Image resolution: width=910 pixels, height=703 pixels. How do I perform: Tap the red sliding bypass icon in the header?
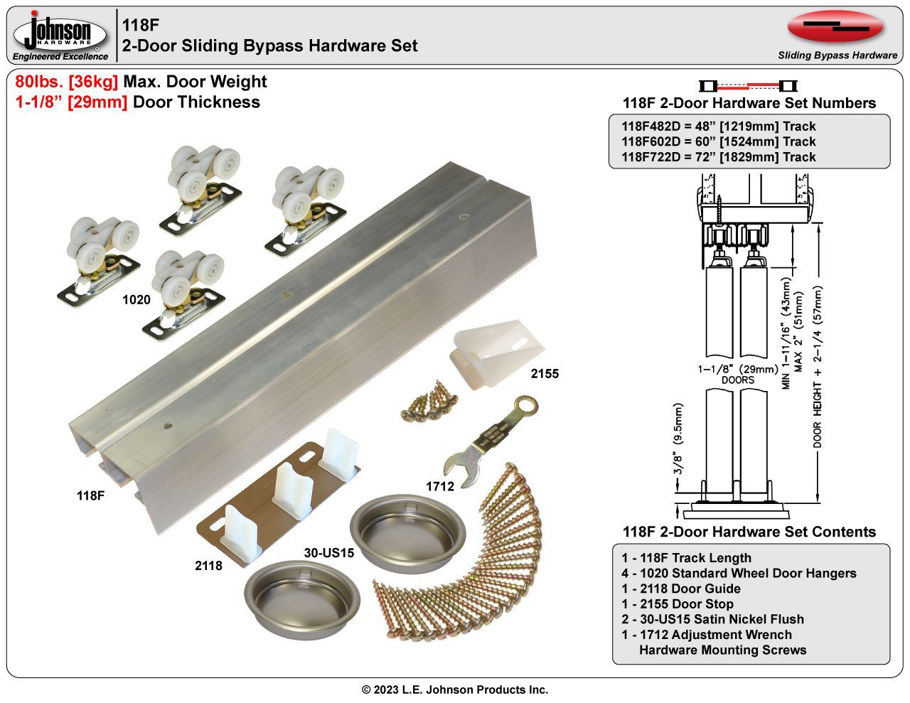pos(835,27)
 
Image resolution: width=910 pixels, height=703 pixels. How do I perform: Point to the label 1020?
pos(136,300)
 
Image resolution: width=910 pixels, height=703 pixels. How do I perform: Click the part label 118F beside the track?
pos(91,496)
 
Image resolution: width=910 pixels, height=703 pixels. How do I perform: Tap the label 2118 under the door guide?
pos(208,566)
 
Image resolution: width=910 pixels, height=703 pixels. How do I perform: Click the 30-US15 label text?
pos(329,552)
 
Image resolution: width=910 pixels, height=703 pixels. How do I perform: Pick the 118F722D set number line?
pos(719,157)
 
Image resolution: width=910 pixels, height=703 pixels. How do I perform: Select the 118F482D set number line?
pos(719,127)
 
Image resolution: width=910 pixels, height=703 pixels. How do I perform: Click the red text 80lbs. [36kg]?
pos(67,82)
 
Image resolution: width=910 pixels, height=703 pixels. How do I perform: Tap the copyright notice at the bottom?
pos(455,689)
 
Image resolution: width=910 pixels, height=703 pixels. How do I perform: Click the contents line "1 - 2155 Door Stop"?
pos(678,604)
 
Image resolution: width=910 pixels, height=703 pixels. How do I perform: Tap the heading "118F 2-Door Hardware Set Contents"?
pos(749,532)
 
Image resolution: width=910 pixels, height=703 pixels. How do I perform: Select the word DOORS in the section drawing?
pos(737,380)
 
